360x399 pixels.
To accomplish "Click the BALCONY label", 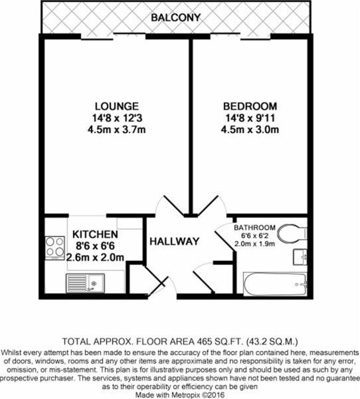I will pos(176,17).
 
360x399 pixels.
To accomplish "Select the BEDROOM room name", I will pos(250,106).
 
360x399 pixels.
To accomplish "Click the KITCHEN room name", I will pos(96,235).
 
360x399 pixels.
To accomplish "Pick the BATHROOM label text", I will pos(254,226).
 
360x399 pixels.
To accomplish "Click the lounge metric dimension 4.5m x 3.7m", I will pos(116,129).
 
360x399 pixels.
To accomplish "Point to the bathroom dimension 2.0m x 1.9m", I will pos(254,244).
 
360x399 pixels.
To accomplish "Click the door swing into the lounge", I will pos(165,206).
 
